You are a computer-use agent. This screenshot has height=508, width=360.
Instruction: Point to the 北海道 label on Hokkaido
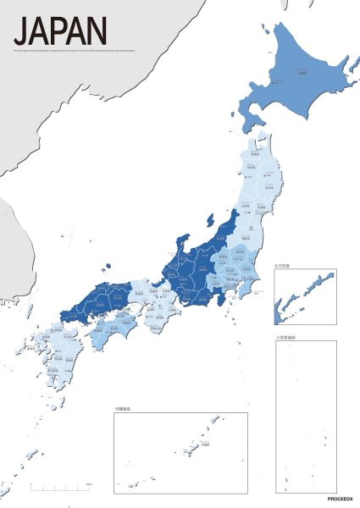(302, 73)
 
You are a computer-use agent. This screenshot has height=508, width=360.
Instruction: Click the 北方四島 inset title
(283, 266)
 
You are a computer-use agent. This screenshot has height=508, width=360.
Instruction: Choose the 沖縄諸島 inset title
(126, 409)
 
